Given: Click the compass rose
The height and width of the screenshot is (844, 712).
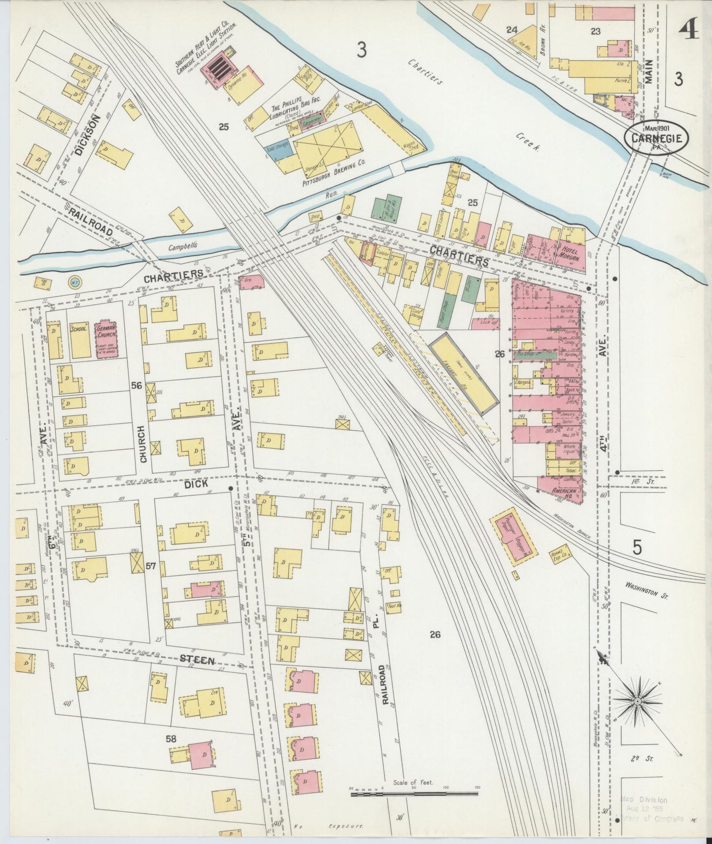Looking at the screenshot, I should pos(637,701).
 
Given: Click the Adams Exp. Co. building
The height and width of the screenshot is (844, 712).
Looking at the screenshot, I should pos(561,554).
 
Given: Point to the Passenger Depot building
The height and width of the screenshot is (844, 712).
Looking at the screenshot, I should pos(514,537).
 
